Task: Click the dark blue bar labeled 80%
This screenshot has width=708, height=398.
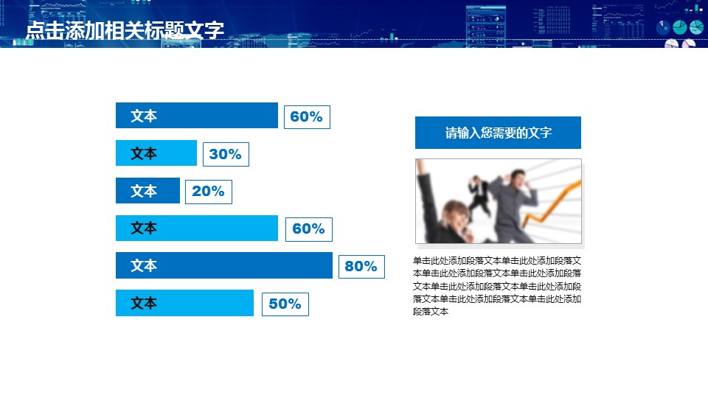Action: tap(224, 265)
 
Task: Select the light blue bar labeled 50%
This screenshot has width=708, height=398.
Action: tap(184, 303)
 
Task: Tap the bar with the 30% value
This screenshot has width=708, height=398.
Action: tap(156, 153)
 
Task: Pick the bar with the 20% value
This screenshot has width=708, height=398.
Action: tap(147, 190)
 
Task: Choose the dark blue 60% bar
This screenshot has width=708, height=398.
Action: tap(197, 116)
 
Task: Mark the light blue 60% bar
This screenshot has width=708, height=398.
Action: tap(197, 228)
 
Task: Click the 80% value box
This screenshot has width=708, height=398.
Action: tap(361, 266)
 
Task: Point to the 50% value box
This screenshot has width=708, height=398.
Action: tap(285, 304)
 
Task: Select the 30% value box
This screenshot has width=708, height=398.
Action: tap(226, 154)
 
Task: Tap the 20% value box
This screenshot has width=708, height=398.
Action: tap(209, 192)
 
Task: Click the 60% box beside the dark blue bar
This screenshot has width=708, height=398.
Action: tap(307, 117)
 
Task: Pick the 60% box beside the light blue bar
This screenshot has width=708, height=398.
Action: tap(309, 229)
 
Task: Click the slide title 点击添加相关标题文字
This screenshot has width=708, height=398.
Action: tap(125, 30)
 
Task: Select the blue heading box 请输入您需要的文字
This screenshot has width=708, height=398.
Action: tap(498, 133)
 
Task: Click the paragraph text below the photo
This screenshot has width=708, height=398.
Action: tap(497, 286)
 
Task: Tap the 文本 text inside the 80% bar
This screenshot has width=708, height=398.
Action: tap(144, 265)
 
